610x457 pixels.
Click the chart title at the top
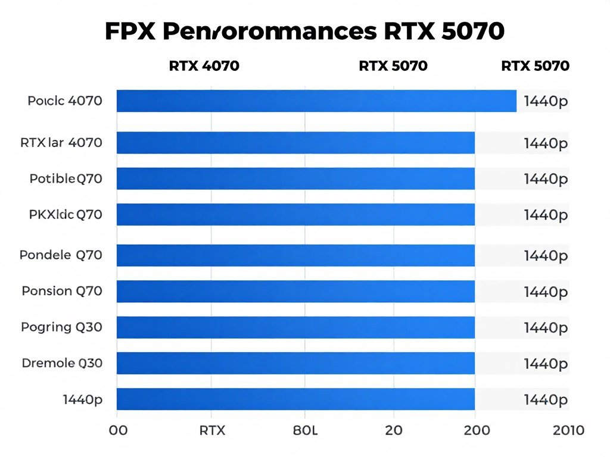[x=304, y=32]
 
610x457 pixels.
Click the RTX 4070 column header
[x=204, y=66]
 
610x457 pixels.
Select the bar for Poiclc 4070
[x=316, y=101]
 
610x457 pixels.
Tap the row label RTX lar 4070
[x=61, y=143]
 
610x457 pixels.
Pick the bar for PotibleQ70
[x=295, y=179]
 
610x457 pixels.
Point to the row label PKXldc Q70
[x=66, y=214]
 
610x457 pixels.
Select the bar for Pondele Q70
[x=295, y=255]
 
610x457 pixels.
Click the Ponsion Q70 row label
[x=62, y=291]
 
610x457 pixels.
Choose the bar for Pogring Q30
[x=295, y=327]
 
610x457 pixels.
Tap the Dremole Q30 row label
[x=62, y=362]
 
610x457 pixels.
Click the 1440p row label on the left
[x=82, y=399]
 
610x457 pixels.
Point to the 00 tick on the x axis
[x=119, y=430]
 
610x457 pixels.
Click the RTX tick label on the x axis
[x=212, y=430]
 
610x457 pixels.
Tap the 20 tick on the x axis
[x=394, y=430]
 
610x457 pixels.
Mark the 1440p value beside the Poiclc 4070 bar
[x=546, y=102]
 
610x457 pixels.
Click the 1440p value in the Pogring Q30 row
[x=546, y=327]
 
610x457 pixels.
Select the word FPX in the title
[x=130, y=32]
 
